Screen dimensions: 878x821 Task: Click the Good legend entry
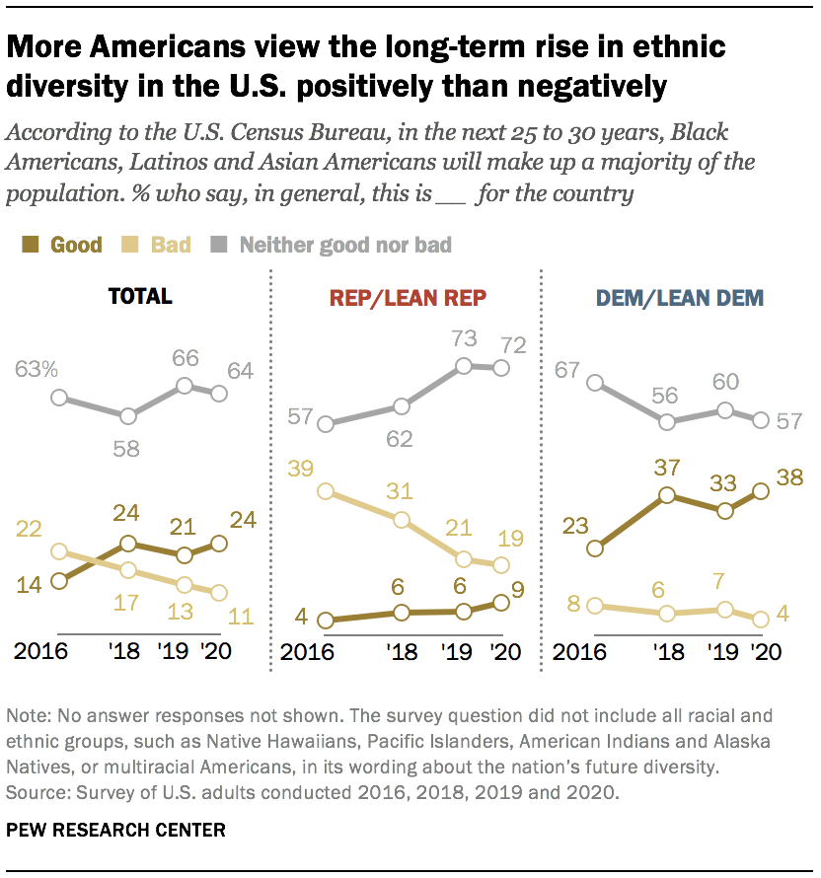point(65,244)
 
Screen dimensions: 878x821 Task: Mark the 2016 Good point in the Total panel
point(59,581)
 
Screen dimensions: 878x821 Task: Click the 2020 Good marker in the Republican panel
point(500,602)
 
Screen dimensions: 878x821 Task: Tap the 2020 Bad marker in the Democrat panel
point(760,620)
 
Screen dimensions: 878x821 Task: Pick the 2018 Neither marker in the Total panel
point(127,415)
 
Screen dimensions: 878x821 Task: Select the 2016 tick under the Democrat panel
point(578,652)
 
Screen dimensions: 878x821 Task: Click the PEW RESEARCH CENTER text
point(115,830)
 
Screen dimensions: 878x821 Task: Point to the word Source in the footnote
point(32,791)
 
